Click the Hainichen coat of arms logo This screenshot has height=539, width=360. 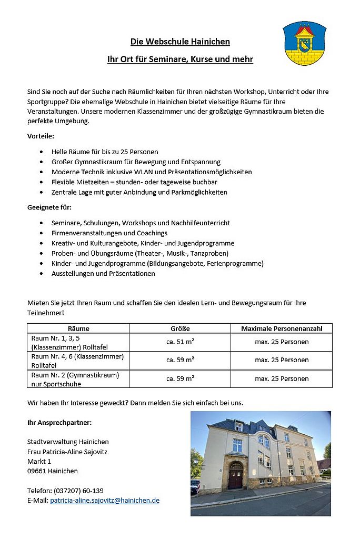click(304, 43)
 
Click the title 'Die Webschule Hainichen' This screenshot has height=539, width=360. click(180, 42)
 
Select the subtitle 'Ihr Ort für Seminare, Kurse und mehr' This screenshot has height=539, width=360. click(180, 59)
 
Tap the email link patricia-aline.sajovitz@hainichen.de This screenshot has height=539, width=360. click(104, 501)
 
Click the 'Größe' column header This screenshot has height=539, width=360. click(180, 328)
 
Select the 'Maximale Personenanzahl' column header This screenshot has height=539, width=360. click(282, 328)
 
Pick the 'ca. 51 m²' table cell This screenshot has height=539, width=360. click(180, 342)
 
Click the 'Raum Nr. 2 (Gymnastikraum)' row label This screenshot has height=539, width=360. click(75, 375)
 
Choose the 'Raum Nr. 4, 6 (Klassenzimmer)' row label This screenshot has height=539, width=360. click(77, 356)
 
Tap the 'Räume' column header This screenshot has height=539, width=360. click(78, 328)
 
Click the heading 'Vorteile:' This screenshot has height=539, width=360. click(41, 136)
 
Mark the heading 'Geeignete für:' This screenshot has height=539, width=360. click(49, 207)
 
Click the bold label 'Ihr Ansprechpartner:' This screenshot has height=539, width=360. click(59, 422)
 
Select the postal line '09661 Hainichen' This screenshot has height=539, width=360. click(52, 471)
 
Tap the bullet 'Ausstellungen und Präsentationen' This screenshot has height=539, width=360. click(103, 274)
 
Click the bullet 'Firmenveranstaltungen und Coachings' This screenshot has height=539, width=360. click(109, 233)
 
